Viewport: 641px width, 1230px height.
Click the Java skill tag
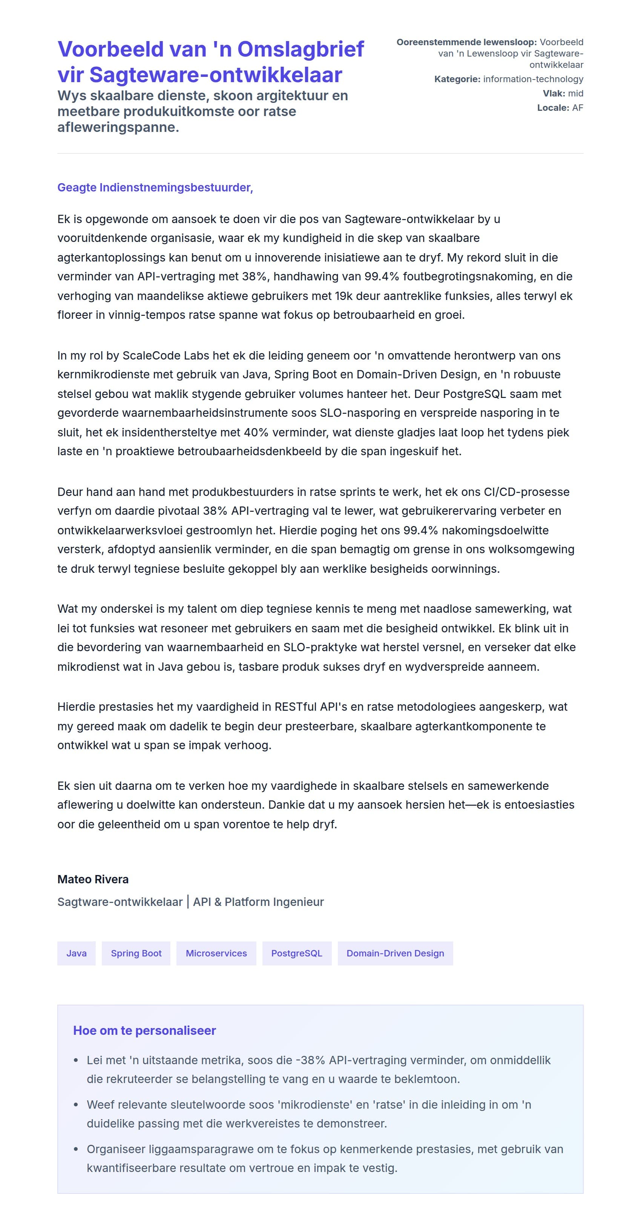coord(77,953)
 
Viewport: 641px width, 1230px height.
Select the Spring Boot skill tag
coord(136,953)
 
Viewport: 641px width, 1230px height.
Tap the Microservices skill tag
coord(216,953)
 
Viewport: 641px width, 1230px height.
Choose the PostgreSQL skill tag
coord(297,953)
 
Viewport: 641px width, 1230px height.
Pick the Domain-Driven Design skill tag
coord(395,953)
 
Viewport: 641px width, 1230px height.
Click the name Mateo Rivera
coord(93,879)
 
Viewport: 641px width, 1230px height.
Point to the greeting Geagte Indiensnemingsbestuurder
coord(155,188)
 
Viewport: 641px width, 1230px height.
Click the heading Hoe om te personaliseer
coord(144,1030)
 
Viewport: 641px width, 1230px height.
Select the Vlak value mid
coord(575,93)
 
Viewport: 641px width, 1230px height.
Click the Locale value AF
coord(578,108)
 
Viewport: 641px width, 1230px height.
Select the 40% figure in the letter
coord(255,433)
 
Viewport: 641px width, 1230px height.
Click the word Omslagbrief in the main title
coord(301,49)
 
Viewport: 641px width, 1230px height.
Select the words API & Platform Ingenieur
coord(258,902)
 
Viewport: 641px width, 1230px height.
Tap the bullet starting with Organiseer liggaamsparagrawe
coord(325,1158)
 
